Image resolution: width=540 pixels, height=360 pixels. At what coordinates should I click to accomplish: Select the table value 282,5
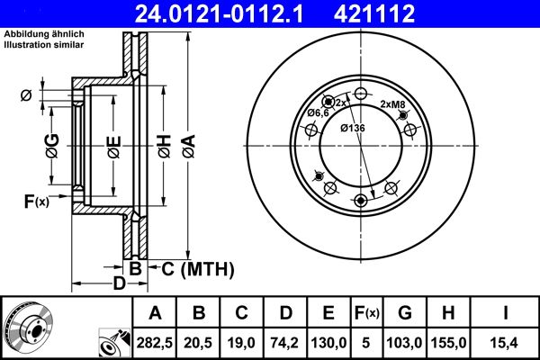(155, 343)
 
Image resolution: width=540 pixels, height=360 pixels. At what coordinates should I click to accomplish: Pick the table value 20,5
(198, 343)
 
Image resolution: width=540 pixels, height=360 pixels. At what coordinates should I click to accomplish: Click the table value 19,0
(241, 343)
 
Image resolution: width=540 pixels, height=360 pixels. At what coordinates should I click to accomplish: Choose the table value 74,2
(284, 343)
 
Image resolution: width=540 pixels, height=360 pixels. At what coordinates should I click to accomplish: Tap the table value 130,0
(328, 343)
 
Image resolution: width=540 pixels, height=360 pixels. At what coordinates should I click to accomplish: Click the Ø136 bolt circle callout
(352, 127)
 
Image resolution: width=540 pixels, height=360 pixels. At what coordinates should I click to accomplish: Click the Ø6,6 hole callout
(317, 113)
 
